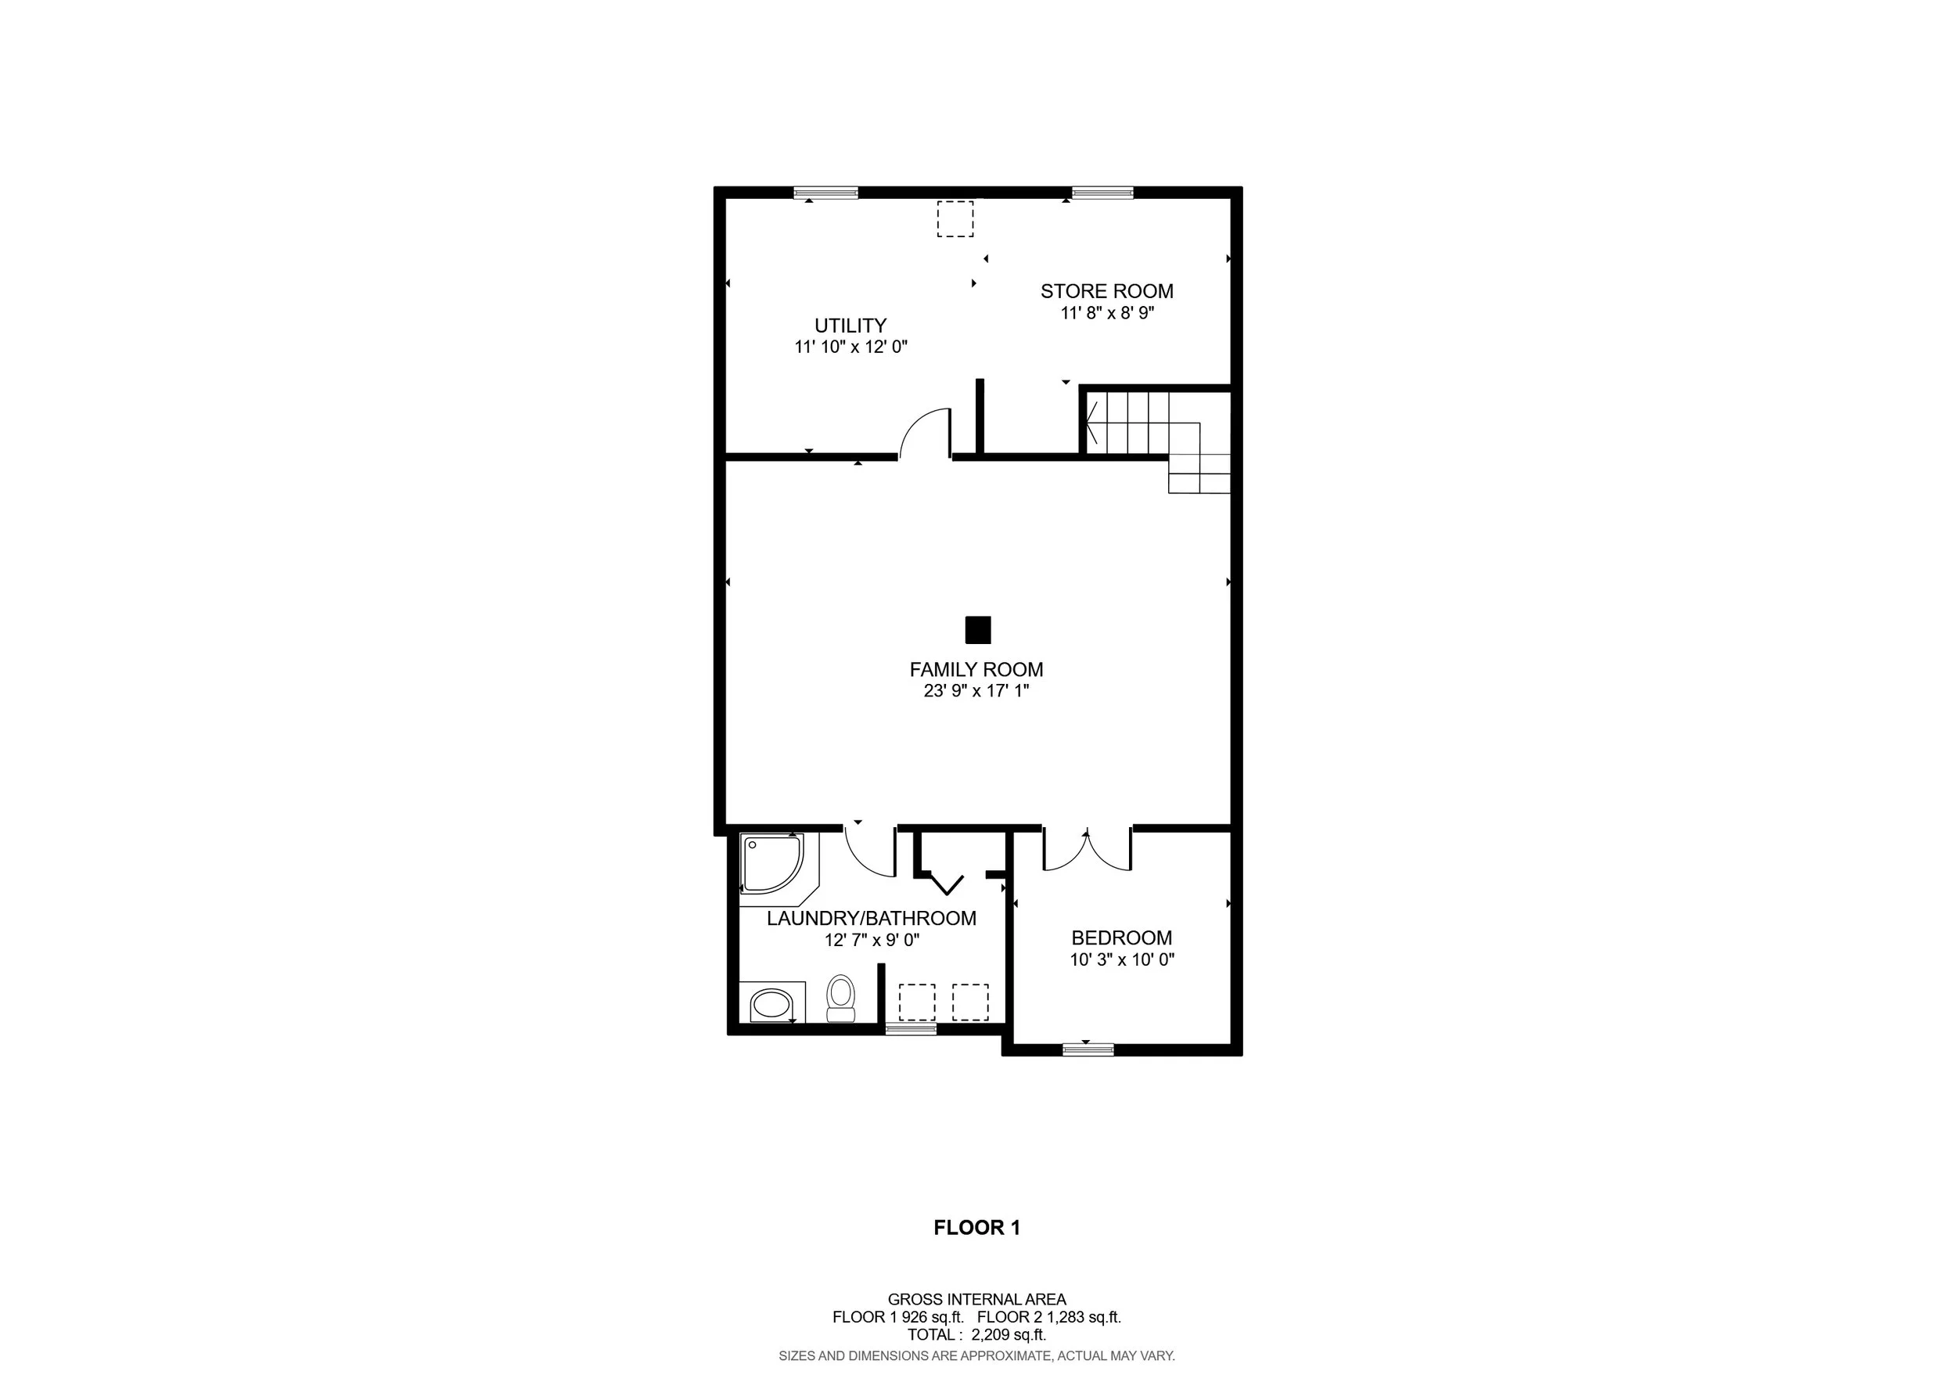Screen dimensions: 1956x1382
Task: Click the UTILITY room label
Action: [850, 326]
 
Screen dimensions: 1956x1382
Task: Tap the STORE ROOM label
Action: [1106, 291]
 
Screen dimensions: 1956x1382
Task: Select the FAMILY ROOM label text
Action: [976, 670]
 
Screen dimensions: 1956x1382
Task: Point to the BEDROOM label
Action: [1121, 938]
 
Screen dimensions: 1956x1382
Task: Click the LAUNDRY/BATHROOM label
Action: [872, 919]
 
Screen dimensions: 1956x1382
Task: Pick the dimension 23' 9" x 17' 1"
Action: [976, 691]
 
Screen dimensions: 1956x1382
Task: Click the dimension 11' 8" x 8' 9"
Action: [1106, 313]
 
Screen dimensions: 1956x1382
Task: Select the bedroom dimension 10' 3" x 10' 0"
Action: [1122, 959]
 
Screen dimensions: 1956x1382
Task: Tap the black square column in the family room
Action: [978, 630]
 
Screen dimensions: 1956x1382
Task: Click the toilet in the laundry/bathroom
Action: [841, 999]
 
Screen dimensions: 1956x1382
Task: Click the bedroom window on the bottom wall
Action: [1088, 1049]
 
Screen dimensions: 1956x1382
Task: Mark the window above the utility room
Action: [825, 193]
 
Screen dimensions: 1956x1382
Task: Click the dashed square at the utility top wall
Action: [955, 219]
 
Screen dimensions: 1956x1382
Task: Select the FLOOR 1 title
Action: [976, 1228]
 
